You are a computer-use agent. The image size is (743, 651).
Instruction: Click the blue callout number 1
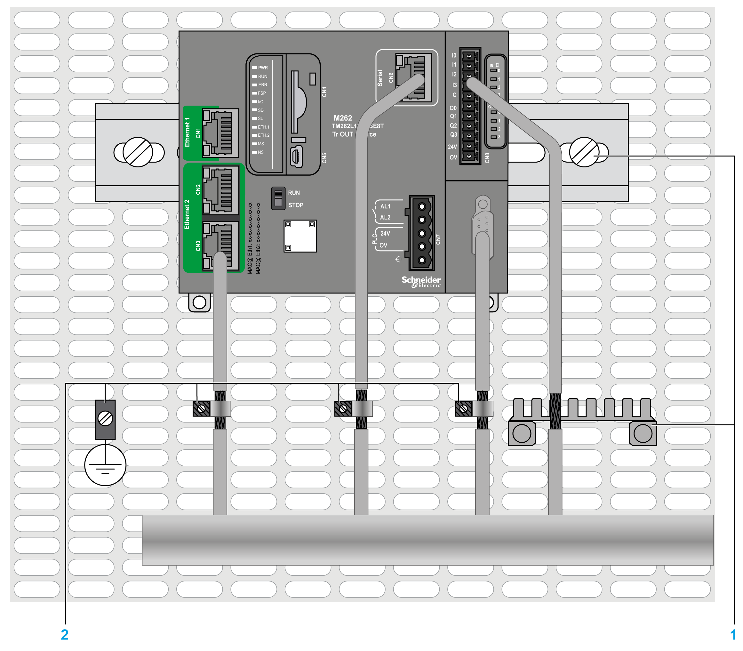[x=733, y=635]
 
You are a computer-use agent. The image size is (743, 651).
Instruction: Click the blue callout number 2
[x=65, y=635]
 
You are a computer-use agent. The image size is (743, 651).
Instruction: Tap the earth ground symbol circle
[x=105, y=465]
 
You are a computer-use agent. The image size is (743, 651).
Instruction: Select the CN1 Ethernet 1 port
[x=220, y=133]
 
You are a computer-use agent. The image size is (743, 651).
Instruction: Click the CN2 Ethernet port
[x=220, y=189]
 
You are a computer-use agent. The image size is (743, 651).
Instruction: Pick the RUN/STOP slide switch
[x=278, y=198]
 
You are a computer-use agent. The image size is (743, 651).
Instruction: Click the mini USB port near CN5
[x=297, y=157]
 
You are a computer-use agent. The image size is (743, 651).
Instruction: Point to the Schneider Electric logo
[x=421, y=282]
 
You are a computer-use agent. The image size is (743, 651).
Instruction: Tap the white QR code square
[x=300, y=236]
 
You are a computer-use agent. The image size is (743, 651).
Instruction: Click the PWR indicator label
[x=263, y=68]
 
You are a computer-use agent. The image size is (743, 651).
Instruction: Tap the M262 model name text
[x=343, y=118]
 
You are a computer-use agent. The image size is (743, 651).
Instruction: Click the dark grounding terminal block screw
[x=105, y=419]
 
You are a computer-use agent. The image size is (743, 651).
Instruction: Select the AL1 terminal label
[x=385, y=206]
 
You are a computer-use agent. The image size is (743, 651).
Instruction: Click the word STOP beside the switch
[x=296, y=205]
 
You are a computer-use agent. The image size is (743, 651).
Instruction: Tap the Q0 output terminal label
[x=453, y=108]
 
